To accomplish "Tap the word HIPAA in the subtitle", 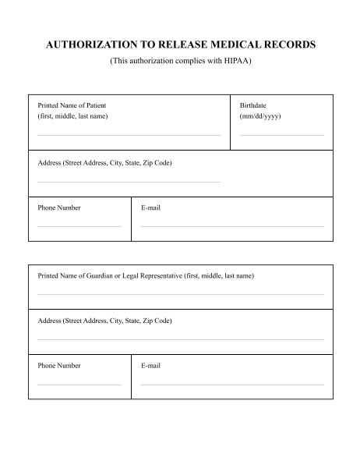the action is click(235, 61).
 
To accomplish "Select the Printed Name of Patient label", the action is click(72, 105).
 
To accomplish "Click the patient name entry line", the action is click(129, 135).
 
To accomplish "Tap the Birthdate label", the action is click(252, 105).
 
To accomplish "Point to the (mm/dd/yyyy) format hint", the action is click(260, 116).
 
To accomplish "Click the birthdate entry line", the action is click(281, 135).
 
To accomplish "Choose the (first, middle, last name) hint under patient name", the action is click(72, 116).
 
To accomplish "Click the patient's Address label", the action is click(104, 163).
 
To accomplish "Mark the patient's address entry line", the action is click(129, 182).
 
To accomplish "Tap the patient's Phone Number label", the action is click(59, 208).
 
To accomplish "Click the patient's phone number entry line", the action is click(79, 226).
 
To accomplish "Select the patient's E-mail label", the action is click(150, 208).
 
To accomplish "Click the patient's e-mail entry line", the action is click(232, 226).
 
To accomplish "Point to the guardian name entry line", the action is click(181, 294).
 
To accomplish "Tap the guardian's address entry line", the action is click(181, 339).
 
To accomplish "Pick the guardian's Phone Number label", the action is click(59, 366).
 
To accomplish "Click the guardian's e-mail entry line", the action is click(232, 385).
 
